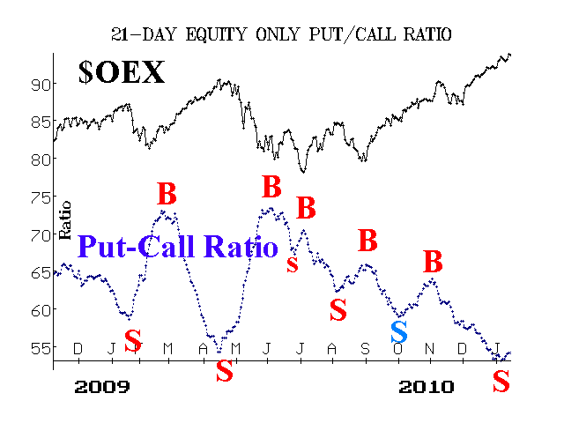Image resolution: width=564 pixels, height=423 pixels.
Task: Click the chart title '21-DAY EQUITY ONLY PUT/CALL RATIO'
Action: pyautogui.click(x=281, y=35)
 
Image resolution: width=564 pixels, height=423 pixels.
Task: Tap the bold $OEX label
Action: pyautogui.click(x=122, y=72)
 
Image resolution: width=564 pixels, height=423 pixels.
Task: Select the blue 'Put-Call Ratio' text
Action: pyautogui.click(x=178, y=247)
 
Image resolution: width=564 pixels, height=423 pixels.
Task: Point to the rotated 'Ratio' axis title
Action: pyautogui.click(x=64, y=220)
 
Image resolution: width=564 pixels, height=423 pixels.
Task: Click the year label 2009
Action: pyautogui.click(x=102, y=387)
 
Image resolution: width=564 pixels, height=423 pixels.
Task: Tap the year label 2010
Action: pyautogui.click(x=427, y=387)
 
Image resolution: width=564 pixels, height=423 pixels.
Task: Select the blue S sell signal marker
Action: pyautogui.click(x=399, y=331)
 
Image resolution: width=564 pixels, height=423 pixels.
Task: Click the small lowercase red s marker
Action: pyautogui.click(x=293, y=264)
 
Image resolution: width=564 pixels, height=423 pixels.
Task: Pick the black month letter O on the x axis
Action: pyautogui.click(x=397, y=349)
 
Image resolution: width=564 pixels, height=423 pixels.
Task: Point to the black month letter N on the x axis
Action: pyautogui.click(x=429, y=349)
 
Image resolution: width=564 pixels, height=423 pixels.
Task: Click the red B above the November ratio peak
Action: pyautogui.click(x=433, y=261)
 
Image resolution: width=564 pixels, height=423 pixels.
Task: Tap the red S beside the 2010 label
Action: pyautogui.click(x=501, y=381)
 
